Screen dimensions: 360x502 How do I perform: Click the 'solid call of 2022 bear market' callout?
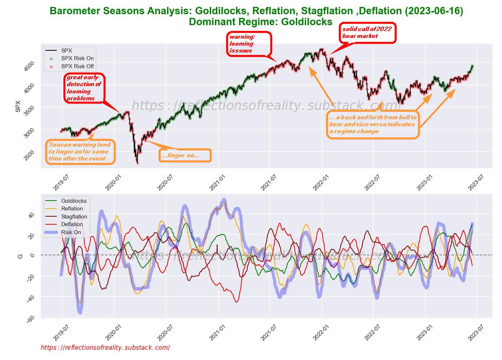[x=367, y=33]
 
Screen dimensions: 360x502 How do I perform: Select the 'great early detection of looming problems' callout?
[x=84, y=88]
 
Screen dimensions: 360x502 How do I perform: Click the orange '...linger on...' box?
[x=185, y=155]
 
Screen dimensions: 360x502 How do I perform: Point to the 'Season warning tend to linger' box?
[x=80, y=152]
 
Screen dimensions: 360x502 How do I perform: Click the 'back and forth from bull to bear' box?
[x=372, y=124]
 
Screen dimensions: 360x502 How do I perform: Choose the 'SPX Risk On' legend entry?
[x=77, y=58]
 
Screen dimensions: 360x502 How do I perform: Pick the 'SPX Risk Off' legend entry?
[x=77, y=66]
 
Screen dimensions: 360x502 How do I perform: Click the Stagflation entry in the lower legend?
[x=74, y=217]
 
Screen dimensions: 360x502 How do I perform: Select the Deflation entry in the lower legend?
[x=72, y=224]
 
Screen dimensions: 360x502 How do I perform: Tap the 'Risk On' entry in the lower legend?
[x=71, y=232]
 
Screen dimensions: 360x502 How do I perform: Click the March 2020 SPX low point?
[x=138, y=163]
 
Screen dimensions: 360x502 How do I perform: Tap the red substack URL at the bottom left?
[x=105, y=348]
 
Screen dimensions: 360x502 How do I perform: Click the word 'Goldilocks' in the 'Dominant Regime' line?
[x=307, y=22]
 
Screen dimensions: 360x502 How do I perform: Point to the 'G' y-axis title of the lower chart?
[x=20, y=256]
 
